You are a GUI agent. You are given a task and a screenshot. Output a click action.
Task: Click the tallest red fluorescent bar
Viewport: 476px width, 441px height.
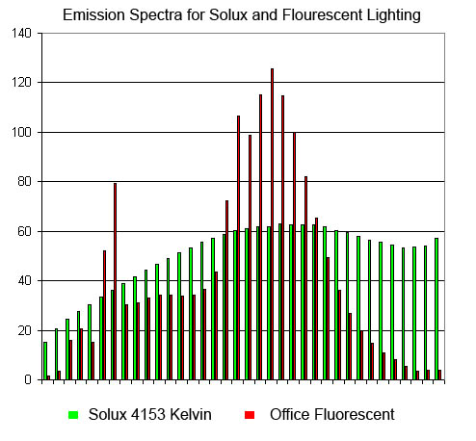[x=273, y=224]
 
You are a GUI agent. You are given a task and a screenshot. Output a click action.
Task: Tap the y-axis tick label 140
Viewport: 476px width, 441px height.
[x=21, y=33]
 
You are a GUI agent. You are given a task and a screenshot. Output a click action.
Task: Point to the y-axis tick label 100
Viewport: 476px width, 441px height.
[x=21, y=132]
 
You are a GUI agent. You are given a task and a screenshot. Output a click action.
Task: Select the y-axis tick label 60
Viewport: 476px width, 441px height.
[x=24, y=231]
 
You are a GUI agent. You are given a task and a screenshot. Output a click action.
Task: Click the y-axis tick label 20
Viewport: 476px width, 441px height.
[x=24, y=330]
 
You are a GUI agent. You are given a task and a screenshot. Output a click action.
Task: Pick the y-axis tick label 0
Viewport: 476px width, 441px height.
[x=28, y=380]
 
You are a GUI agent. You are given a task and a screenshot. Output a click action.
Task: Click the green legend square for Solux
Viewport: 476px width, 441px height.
[x=73, y=415]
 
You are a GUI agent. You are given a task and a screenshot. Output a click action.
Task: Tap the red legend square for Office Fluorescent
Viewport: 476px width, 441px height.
[x=250, y=415]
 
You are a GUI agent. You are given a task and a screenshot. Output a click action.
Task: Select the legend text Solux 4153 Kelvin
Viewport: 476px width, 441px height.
[x=150, y=414]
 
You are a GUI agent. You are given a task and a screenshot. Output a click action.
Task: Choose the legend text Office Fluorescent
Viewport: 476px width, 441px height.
[x=332, y=414]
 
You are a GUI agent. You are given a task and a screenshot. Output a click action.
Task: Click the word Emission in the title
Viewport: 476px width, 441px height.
[x=93, y=15]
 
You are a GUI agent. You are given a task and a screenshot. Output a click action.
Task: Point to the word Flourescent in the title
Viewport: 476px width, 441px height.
[x=323, y=15]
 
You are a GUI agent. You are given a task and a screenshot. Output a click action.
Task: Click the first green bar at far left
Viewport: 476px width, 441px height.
[x=45, y=361]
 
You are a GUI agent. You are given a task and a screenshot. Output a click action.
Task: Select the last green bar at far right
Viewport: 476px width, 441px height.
[x=436, y=309]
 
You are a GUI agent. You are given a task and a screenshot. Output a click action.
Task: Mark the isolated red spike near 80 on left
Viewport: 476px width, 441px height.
[x=115, y=281]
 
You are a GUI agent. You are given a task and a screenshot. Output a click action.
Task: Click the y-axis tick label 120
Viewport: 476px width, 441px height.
[x=21, y=83]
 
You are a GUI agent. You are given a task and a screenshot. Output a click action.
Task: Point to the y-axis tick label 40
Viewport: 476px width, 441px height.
[x=24, y=281]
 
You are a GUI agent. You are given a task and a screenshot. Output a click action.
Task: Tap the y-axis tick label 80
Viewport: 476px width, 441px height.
[x=24, y=182]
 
